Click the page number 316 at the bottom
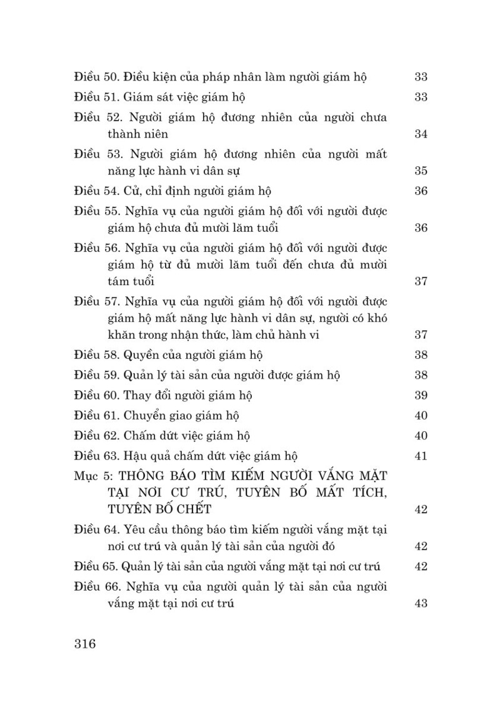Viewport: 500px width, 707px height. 84,643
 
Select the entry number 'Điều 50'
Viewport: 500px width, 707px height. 96,78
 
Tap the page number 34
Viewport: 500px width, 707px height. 421,134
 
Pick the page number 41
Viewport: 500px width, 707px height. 421,455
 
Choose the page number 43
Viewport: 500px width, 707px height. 421,603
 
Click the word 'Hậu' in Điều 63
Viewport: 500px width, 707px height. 136,455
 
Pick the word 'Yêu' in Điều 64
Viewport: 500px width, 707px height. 134,529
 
